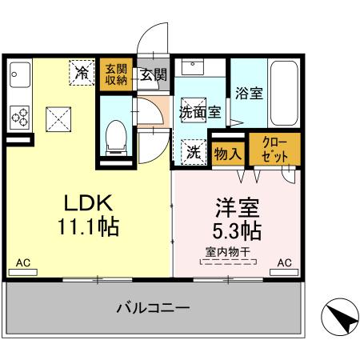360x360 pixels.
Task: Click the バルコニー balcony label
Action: point(152,308)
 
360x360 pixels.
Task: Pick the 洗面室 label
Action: point(199,113)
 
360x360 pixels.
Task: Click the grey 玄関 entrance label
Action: point(153,75)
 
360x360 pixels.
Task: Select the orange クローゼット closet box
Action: point(275,150)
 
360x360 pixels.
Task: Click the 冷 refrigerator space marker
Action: point(82,71)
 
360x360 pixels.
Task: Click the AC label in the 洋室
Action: point(283,262)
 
